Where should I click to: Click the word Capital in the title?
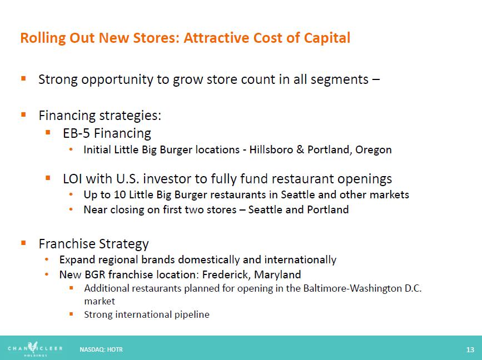tap(327, 38)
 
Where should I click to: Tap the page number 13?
tap(470, 349)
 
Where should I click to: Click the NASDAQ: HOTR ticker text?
tap(101, 349)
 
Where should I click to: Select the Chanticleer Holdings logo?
tap(35, 349)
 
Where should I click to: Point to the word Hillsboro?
tap(271, 149)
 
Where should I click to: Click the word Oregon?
tap(373, 150)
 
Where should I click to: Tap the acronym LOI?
tap(72, 179)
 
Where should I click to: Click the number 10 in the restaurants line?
tap(120, 195)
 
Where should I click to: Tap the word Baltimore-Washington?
tap(352, 289)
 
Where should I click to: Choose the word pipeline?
tap(192, 315)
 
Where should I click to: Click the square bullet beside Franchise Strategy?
tap(24, 243)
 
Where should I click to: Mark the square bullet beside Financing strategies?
tap(24, 114)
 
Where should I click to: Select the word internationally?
tap(300, 260)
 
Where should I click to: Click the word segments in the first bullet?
tap(339, 80)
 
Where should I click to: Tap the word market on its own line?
tap(100, 301)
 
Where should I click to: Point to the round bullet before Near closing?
tap(71, 209)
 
